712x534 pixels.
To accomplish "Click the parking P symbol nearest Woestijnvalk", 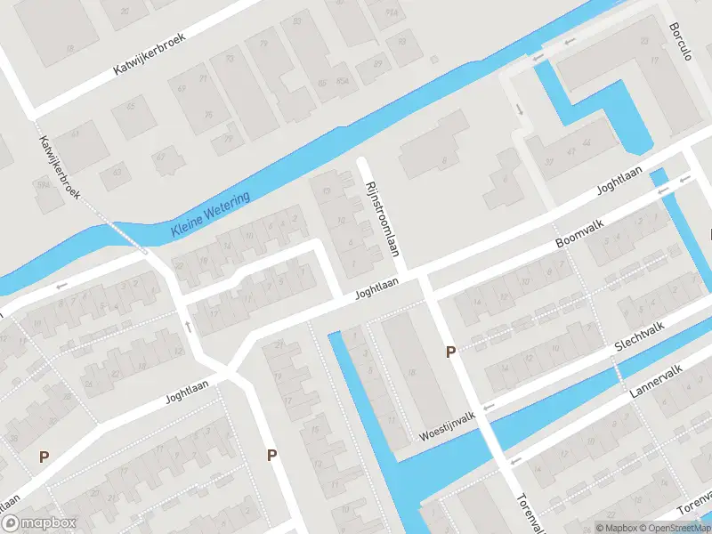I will (451, 352).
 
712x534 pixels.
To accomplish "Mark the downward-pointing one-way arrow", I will (519, 109).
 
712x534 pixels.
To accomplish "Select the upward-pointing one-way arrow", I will (189, 325).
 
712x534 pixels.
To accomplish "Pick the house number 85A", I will (343, 83).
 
